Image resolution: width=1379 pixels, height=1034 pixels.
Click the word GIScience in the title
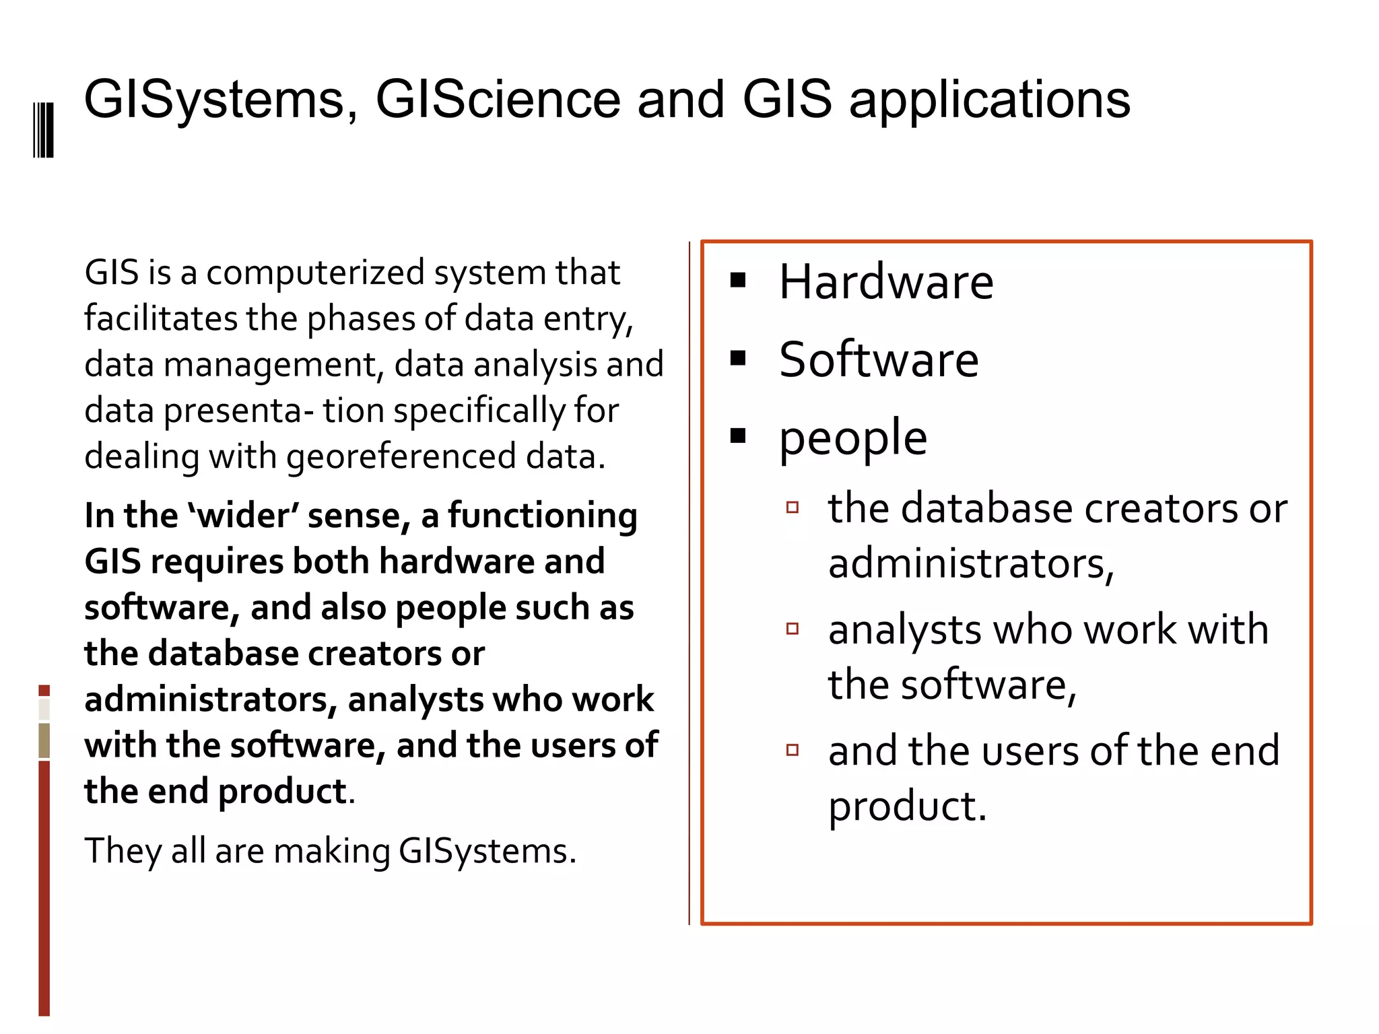tap(497, 100)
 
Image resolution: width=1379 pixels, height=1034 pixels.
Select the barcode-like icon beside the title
tap(43, 129)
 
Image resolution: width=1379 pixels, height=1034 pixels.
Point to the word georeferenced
tap(401, 457)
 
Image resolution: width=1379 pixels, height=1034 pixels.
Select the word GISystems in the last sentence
tap(487, 851)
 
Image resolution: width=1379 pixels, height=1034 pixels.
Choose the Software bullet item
tap(879, 359)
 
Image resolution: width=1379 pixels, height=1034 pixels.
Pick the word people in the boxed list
tap(852, 438)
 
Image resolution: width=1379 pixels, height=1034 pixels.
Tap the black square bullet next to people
tap(738, 436)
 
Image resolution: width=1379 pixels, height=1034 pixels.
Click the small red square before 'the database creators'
tap(793, 507)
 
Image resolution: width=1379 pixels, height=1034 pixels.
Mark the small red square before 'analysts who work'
tap(793, 629)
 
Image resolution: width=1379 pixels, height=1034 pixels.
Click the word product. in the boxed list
tap(907, 806)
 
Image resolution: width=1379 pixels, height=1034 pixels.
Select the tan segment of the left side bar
tap(44, 740)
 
